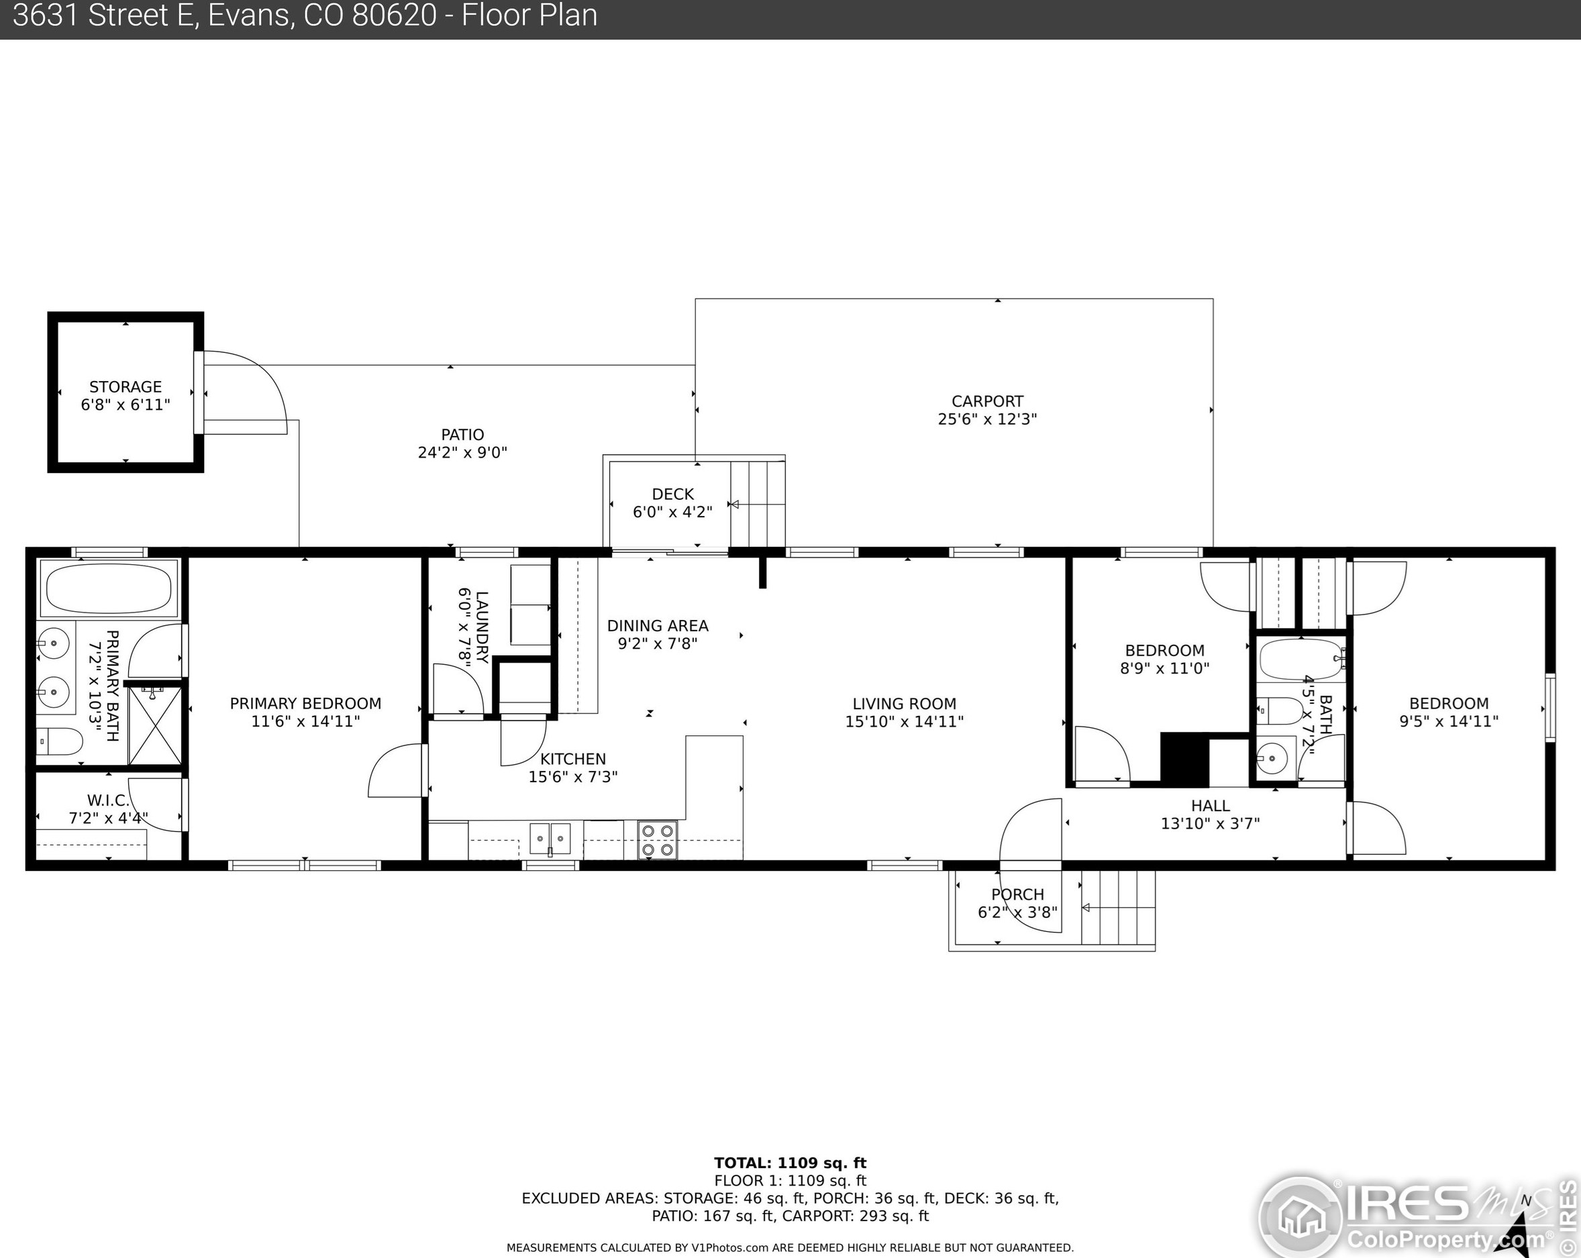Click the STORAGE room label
(x=125, y=387)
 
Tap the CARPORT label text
(x=987, y=402)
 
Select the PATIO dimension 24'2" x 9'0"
(x=463, y=453)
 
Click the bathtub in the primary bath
(x=109, y=588)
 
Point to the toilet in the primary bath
(x=60, y=741)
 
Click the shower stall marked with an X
(x=155, y=725)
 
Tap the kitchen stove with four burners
(x=657, y=840)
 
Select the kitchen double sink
(x=550, y=837)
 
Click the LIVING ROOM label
(x=904, y=704)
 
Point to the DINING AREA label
(x=658, y=626)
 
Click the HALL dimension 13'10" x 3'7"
(x=1210, y=823)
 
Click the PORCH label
(x=1018, y=894)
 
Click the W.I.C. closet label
(x=108, y=800)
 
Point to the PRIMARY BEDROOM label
(x=306, y=704)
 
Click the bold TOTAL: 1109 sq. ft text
(x=790, y=1163)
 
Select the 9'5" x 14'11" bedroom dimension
(x=1448, y=721)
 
